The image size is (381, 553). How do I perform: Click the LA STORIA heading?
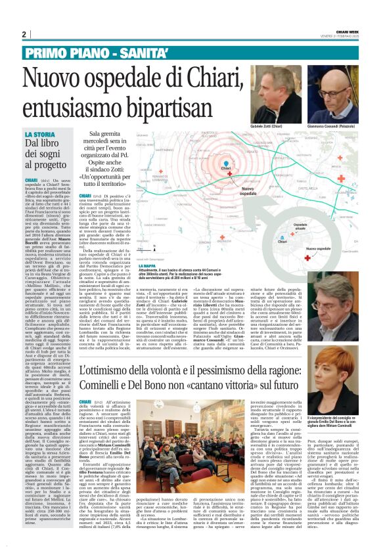tap(41, 135)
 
